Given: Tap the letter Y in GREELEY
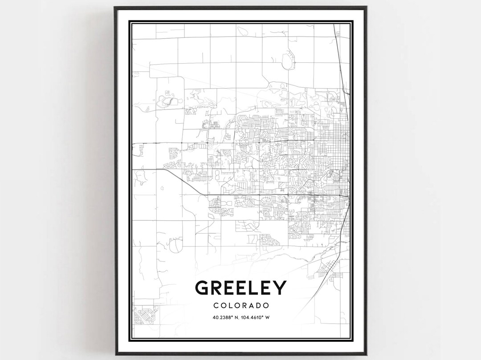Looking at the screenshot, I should [x=279, y=288].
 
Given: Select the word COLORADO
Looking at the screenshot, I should [x=240, y=306].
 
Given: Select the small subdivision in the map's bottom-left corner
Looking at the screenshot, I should [x=144, y=316].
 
